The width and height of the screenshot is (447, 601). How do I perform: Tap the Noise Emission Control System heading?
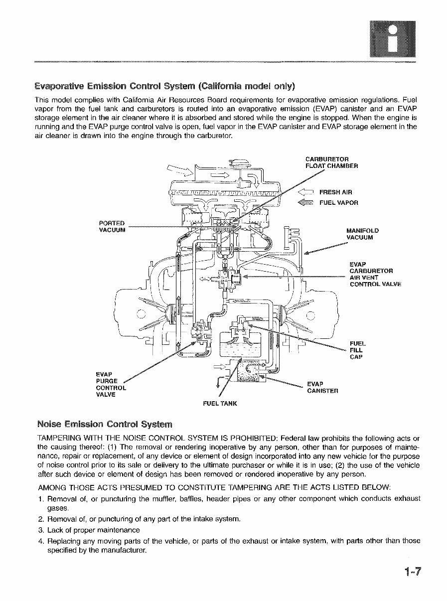(x=105, y=425)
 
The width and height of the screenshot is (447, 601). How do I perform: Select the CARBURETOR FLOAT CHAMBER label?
(x=331, y=162)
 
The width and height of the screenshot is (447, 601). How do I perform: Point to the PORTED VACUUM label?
(x=112, y=226)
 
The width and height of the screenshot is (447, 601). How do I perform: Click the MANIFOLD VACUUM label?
(x=362, y=234)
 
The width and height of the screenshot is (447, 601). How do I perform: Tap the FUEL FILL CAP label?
(x=357, y=350)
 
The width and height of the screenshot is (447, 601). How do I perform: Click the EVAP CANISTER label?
(x=322, y=387)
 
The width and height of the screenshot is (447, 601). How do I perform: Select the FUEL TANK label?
(x=220, y=403)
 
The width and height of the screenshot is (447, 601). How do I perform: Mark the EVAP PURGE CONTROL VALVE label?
(x=111, y=384)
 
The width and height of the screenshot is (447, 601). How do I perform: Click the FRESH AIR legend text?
(x=335, y=192)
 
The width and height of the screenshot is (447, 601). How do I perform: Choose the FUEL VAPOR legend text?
(x=338, y=203)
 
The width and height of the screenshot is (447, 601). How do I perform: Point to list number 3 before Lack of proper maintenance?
(x=40, y=530)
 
